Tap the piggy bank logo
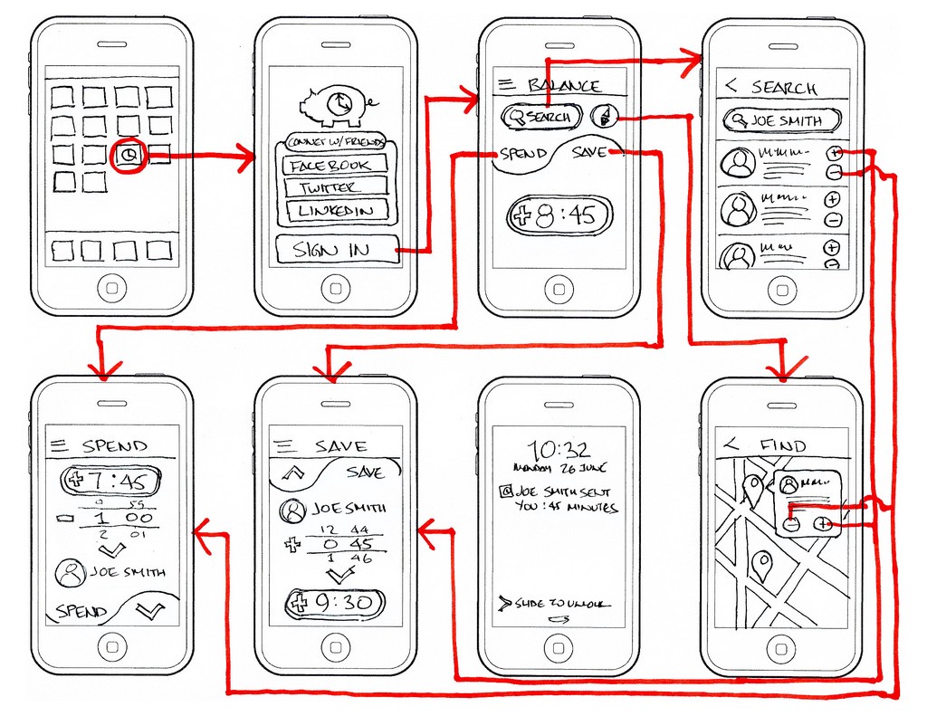click(x=334, y=107)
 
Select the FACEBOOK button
click(x=334, y=166)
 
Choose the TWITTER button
click(x=334, y=188)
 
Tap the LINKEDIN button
click(x=334, y=211)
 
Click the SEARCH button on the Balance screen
click(x=540, y=117)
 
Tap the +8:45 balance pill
click(x=559, y=216)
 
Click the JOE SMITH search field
click(x=781, y=120)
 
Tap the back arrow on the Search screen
click(x=731, y=86)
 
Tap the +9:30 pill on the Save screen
click(x=335, y=604)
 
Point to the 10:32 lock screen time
click(x=559, y=449)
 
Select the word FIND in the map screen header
click(x=783, y=445)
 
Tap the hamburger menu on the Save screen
click(x=284, y=445)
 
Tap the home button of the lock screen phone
click(x=559, y=648)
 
